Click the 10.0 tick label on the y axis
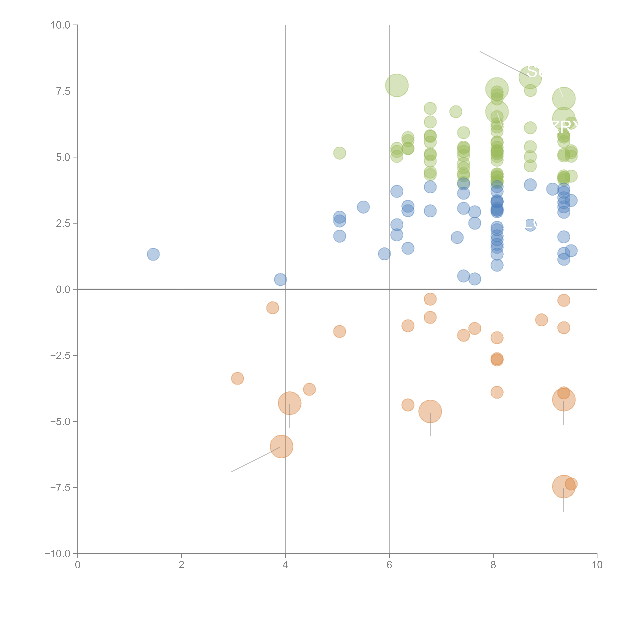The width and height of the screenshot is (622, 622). [61, 25]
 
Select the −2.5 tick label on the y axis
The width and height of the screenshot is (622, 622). [61, 355]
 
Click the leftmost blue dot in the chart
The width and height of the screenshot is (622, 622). [153, 254]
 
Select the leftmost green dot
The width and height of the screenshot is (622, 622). [339, 153]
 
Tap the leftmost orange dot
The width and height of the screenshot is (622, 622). [237, 378]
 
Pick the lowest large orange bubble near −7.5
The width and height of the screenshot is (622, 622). [563, 486]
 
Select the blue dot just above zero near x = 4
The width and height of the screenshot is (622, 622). [280, 279]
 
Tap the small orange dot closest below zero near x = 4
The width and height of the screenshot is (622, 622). [273, 308]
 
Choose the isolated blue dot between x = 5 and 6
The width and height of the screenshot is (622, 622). [363, 207]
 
